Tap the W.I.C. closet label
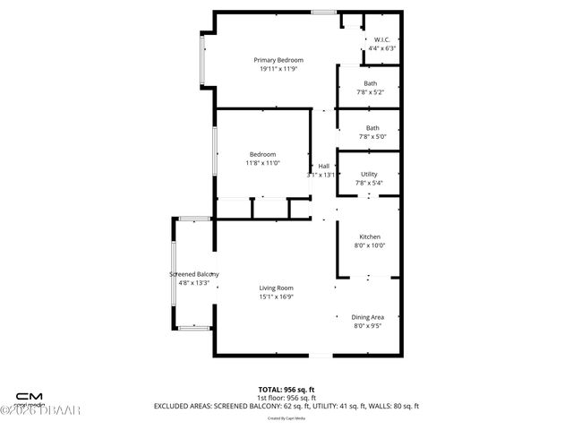[381, 39]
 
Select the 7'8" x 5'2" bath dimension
[371, 92]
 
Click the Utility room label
[369, 174]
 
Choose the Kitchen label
[370, 236]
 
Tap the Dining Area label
[369, 317]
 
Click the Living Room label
[276, 288]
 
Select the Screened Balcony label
[194, 274]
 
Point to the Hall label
[324, 167]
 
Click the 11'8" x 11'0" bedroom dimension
[262, 163]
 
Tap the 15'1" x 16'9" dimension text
[276, 297]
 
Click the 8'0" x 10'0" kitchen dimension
[370, 245]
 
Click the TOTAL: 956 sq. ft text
[286, 389]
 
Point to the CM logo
[30, 395]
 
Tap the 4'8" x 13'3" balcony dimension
[194, 283]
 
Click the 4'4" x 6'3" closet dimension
[381, 48]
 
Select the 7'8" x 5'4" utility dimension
[369, 184]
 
